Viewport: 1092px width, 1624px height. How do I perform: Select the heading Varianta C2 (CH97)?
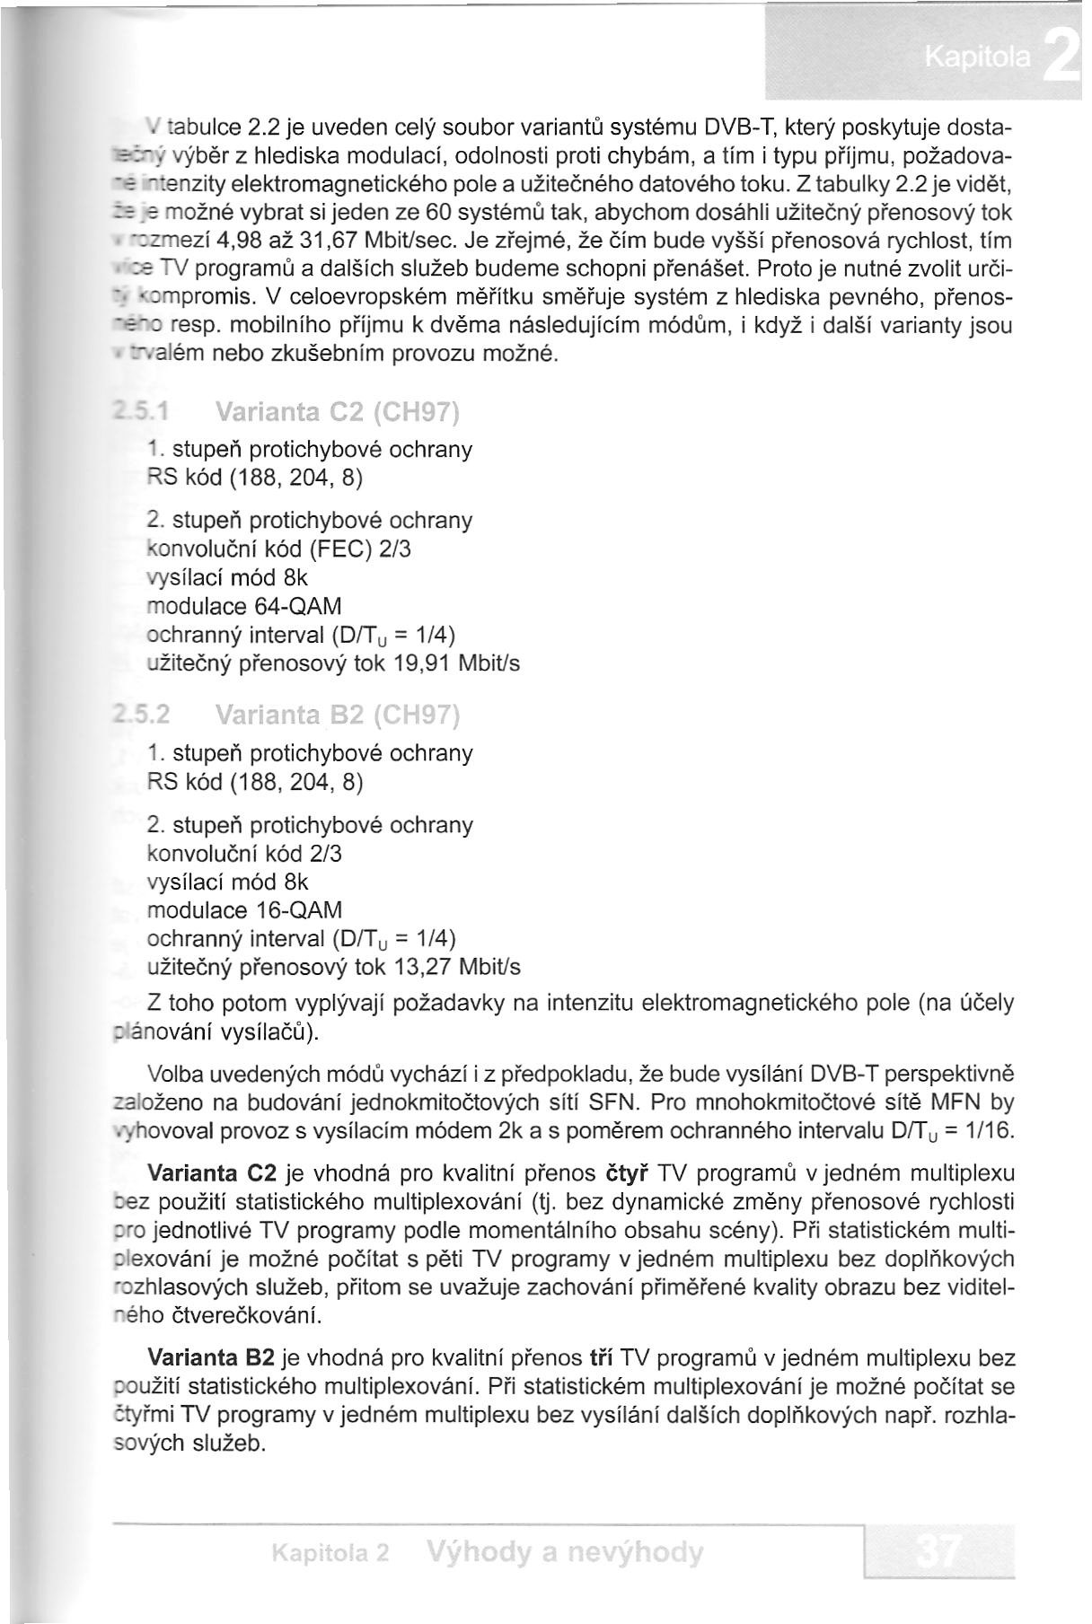click(338, 414)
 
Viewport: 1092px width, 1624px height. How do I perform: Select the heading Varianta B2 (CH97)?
click(338, 717)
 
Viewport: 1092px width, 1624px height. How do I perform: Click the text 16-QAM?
click(300, 910)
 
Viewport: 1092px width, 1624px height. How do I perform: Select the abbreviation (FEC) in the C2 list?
click(337, 549)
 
